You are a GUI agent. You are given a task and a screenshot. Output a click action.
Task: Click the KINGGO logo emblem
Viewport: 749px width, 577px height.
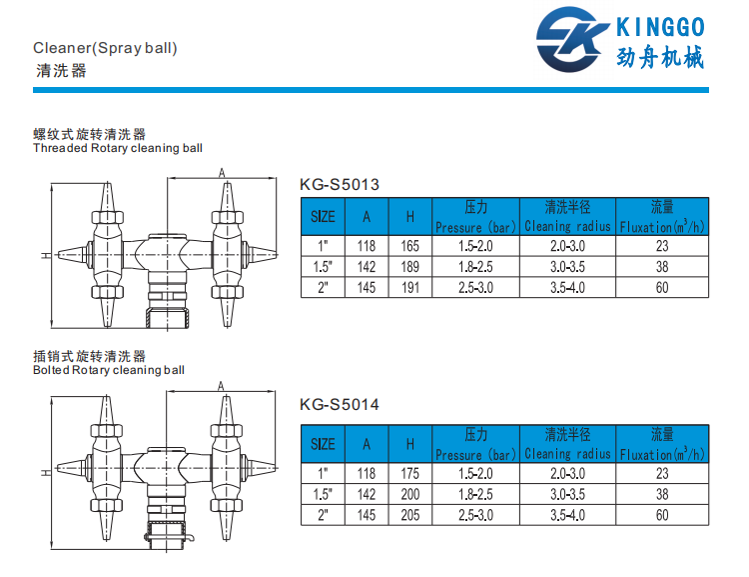[573, 39]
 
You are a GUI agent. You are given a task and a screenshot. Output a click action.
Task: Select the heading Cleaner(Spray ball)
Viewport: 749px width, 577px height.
[105, 47]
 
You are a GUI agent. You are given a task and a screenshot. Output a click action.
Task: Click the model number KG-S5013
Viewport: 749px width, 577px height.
[340, 183]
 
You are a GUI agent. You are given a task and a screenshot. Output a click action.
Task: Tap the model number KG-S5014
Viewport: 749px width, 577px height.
[340, 405]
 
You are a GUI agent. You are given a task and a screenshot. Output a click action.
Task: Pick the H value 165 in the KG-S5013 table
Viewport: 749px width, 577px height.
[409, 245]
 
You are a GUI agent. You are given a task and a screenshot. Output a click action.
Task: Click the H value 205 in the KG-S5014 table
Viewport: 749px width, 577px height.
[409, 515]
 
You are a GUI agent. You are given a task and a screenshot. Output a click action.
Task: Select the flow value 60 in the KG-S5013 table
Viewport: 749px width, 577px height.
[662, 287]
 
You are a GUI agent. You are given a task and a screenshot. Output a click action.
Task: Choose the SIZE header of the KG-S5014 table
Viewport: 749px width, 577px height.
[323, 444]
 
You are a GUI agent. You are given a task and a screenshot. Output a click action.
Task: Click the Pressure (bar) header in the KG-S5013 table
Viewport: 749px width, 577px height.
[475, 227]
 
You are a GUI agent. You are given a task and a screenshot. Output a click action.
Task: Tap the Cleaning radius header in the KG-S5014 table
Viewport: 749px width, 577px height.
[567, 454]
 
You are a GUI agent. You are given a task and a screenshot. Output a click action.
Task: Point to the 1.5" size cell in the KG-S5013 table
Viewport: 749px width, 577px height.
[323, 266]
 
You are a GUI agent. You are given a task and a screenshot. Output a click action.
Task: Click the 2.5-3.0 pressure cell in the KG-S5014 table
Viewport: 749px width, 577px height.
[475, 515]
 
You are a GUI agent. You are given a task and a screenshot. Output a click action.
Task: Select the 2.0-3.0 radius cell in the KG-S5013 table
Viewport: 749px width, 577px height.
[567, 245]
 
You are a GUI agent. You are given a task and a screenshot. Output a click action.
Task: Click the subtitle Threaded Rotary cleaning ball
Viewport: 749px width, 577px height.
[118, 148]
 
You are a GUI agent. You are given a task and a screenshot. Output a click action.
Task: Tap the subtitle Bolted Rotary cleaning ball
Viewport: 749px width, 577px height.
[109, 370]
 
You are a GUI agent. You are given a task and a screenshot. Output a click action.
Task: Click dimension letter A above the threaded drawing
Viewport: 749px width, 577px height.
[221, 172]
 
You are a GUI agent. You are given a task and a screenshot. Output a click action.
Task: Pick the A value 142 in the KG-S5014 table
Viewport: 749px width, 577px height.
[368, 494]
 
